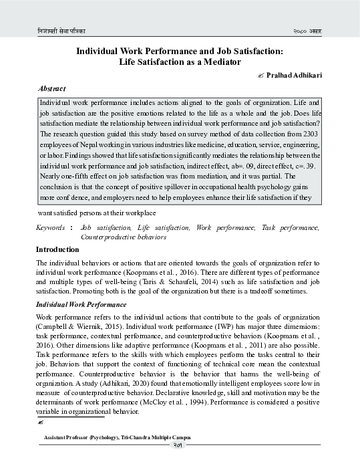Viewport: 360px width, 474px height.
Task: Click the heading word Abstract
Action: click(51, 88)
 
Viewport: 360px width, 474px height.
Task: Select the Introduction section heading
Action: click(57, 249)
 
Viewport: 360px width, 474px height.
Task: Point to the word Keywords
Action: click(51, 229)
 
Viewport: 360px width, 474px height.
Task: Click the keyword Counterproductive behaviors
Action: click(123, 237)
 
